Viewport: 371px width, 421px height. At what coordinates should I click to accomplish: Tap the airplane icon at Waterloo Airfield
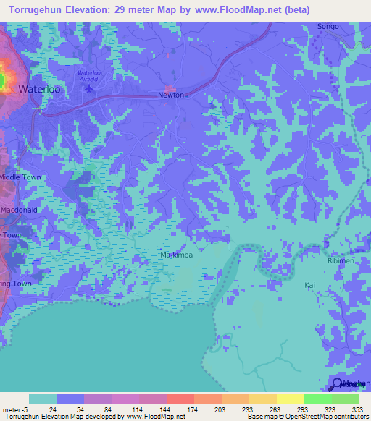89,88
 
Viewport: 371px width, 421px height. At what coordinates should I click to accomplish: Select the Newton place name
172,95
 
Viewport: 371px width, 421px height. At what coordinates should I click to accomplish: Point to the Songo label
328,27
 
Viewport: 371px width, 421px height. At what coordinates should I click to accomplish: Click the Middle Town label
21,177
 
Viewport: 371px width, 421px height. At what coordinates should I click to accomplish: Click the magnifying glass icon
337,384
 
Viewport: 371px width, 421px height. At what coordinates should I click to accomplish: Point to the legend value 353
357,409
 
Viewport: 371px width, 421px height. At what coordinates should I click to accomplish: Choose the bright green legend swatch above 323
318,399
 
